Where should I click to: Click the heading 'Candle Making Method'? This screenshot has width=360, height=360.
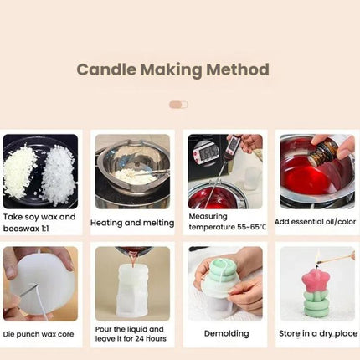coord(173,69)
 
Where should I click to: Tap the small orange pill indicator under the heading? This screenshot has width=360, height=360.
coord(178,105)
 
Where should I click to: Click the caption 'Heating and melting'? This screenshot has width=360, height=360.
coord(132,223)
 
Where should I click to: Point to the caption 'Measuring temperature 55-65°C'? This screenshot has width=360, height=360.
coord(226,221)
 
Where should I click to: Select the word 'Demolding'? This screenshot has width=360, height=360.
coord(226,332)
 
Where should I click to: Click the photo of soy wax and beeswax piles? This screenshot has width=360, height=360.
coord(40,171)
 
